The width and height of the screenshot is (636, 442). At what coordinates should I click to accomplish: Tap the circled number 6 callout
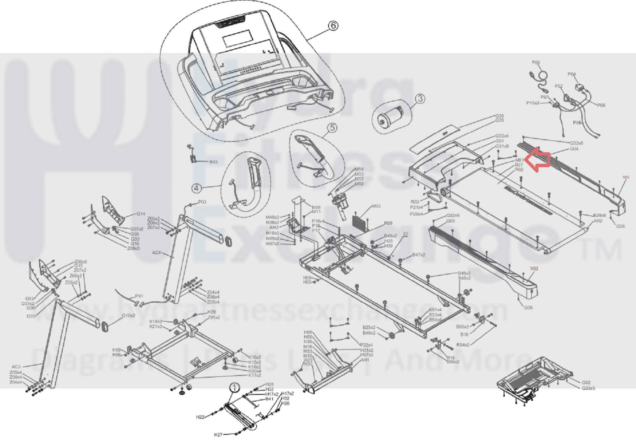tap(333, 26)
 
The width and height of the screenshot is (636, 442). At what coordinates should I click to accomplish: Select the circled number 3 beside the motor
tap(420, 99)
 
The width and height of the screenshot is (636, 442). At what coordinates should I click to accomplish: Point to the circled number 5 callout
tap(332, 127)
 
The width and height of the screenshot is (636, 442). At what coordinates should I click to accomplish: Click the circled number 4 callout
tap(196, 188)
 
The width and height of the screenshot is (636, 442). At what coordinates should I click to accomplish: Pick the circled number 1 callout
tap(234, 388)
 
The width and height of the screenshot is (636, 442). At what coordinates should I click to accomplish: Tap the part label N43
tap(213, 162)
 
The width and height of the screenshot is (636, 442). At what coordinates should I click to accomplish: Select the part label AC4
tap(156, 253)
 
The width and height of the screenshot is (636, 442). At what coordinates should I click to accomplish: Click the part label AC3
tap(16, 367)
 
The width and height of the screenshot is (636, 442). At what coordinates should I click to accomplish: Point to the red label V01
tap(626, 177)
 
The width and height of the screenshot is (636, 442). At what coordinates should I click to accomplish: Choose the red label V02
tap(534, 268)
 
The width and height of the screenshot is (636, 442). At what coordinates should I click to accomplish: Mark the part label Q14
tap(141, 214)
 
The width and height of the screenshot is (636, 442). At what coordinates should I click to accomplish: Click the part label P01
tap(139, 296)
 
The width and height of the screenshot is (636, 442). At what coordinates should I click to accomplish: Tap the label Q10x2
tap(128, 315)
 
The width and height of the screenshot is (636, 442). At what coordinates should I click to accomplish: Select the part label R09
tap(388, 223)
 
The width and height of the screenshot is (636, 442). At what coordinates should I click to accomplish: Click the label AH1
tap(365, 360)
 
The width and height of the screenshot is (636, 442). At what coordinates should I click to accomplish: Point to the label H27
tap(218, 434)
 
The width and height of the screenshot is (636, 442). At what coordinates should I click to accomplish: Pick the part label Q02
tap(586, 383)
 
